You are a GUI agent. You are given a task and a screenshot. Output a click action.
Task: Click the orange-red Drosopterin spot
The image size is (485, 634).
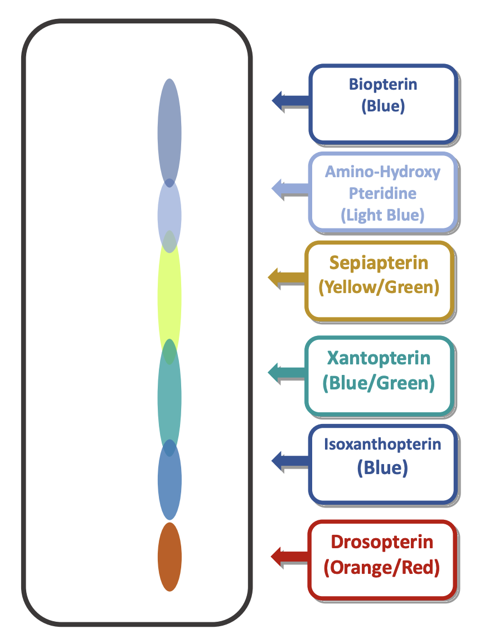click(169, 557)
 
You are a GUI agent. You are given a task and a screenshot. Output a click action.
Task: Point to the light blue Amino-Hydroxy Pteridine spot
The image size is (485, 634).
click(169, 214)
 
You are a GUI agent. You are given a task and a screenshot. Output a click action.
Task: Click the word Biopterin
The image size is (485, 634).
click(383, 85)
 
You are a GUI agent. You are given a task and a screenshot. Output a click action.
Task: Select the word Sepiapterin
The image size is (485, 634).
click(379, 262)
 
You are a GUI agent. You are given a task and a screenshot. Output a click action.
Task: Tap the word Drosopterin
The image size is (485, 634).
click(382, 542)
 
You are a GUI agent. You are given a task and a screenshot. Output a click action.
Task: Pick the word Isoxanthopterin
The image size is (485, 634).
click(382, 445)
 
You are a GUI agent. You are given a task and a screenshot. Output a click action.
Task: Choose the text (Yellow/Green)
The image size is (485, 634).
click(379, 287)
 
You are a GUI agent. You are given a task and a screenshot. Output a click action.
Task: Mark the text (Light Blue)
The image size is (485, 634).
click(382, 215)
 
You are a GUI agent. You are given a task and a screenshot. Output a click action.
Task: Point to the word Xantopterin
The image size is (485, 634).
click(379, 357)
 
